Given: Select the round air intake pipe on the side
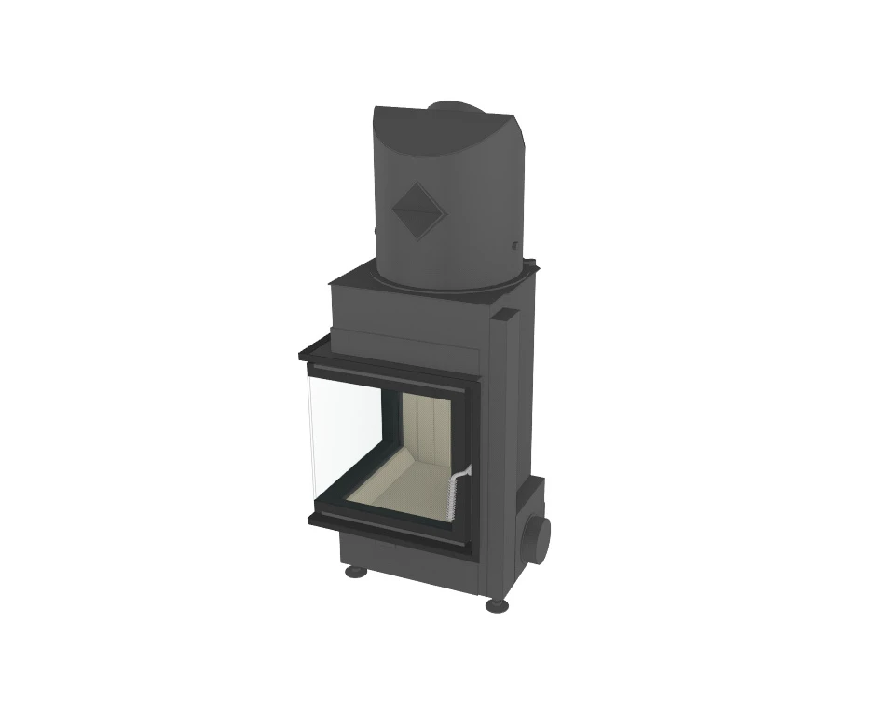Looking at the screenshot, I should coord(538,536).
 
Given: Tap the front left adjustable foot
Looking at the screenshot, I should coord(355,571).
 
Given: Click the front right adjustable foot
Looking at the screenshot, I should coord(496,605).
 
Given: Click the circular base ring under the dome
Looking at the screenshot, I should coord(447,280).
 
